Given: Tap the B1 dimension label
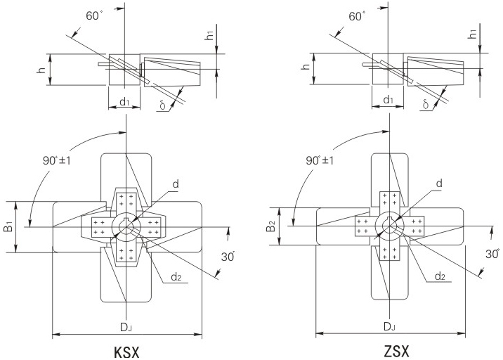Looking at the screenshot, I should [x=9, y=227].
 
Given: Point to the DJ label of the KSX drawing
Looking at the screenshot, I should [x=125, y=327].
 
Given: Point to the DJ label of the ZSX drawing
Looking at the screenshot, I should [x=389, y=327].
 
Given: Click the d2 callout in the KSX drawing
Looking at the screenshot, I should [x=177, y=276].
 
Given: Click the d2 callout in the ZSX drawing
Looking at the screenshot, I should [x=440, y=276].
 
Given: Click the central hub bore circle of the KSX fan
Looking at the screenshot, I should [x=126, y=227].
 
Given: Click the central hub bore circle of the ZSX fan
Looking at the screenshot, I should [x=390, y=227].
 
